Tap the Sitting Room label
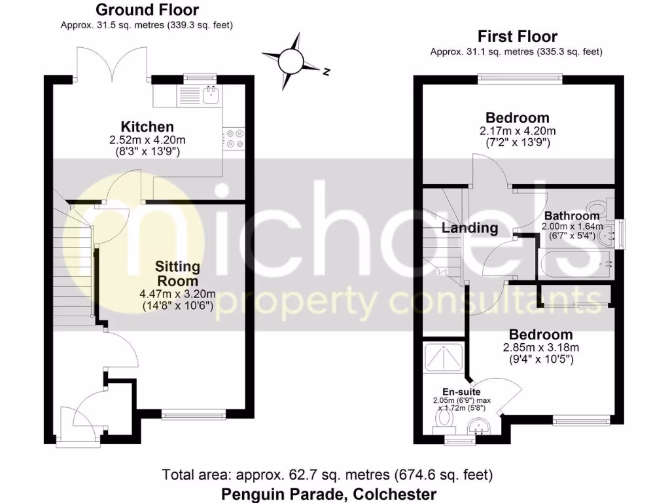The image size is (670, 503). click(177, 274)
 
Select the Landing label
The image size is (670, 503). click(470, 229)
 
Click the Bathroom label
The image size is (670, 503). click(572, 215)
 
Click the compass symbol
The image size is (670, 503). click(291, 62)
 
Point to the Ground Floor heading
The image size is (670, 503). click(147, 10)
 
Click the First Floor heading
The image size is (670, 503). click(517, 36)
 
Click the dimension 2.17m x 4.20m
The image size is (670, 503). click(517, 130)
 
